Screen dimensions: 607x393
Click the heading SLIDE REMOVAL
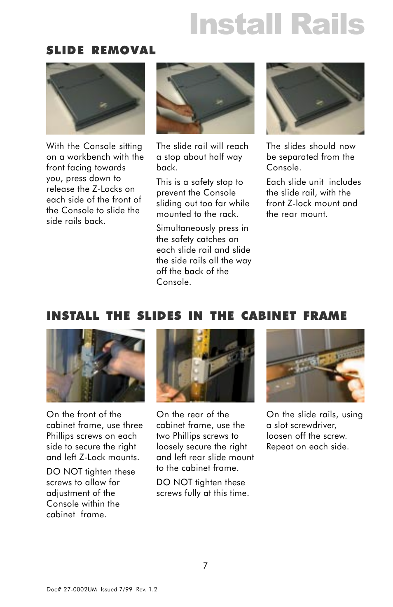point(101,51)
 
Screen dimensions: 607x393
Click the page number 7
point(205,565)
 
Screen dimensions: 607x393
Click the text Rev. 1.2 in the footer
point(147,589)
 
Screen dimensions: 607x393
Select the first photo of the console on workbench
point(95,98)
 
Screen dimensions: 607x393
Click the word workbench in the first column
point(89,157)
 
